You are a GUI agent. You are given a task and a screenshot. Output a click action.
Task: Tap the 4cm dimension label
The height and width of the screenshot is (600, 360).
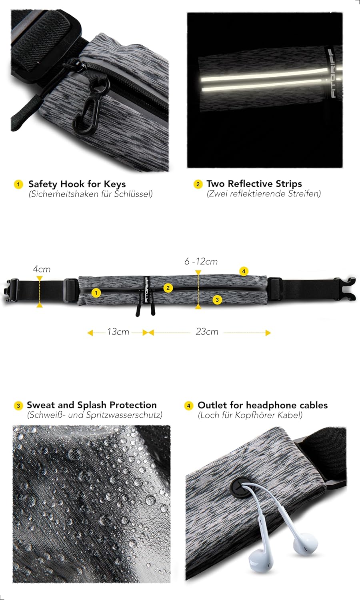[42, 269]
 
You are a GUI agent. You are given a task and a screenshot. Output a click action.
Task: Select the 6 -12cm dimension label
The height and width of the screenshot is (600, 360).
[201, 261]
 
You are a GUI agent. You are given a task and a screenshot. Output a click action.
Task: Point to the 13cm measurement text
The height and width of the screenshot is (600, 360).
[118, 332]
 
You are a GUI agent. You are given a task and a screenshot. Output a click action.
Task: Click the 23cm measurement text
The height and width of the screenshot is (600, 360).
[207, 332]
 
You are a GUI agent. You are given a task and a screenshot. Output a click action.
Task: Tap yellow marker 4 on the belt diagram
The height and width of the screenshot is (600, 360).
[244, 271]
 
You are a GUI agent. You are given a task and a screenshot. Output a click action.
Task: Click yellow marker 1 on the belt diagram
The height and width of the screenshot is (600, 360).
[96, 293]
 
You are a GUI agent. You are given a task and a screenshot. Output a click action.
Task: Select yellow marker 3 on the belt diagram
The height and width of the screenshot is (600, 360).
[217, 300]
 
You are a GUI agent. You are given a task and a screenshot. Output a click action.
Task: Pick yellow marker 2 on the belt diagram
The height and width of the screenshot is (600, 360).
[168, 288]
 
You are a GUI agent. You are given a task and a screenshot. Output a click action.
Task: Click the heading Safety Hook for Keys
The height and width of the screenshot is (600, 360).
[77, 184]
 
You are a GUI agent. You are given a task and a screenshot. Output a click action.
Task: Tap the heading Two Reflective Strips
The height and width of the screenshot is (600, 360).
[254, 184]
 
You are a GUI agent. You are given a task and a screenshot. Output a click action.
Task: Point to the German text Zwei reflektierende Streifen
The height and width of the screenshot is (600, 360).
[264, 193]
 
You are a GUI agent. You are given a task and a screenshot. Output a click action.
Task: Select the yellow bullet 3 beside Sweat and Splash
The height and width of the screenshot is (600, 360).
[18, 406]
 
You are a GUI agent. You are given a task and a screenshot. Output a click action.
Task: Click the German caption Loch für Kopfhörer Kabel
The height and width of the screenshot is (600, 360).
[250, 415]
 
